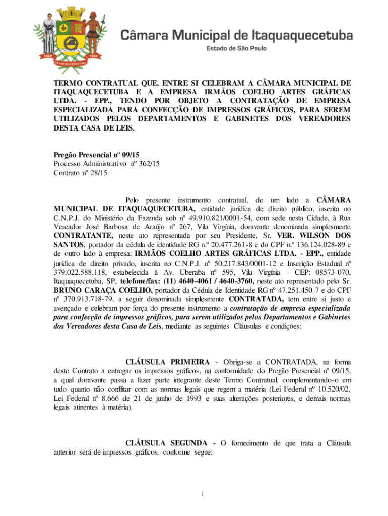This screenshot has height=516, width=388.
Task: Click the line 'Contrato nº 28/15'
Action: coord(81,173)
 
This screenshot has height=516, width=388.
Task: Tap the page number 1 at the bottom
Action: coord(201,493)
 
